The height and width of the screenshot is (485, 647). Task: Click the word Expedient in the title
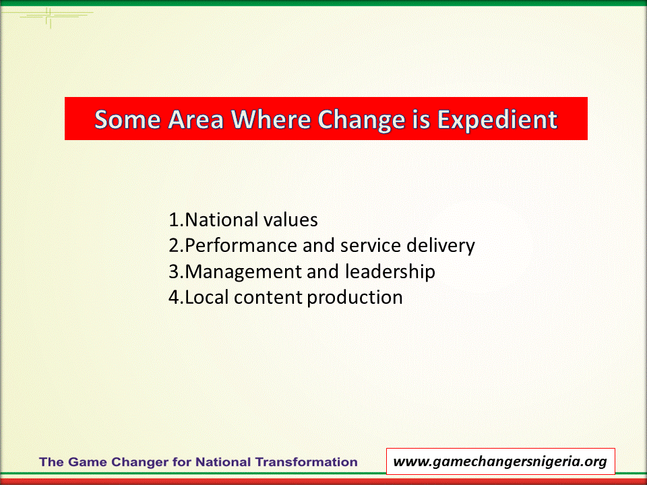point(497,121)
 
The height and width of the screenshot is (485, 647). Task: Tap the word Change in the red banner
point(361,121)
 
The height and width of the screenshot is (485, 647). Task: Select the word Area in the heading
point(195,120)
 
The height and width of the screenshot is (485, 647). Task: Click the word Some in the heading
point(127,120)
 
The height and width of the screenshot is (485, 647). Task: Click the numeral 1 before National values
point(174,220)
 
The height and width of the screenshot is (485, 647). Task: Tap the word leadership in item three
point(390,271)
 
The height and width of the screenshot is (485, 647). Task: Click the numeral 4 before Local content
point(174,297)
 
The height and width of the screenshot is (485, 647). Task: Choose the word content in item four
point(268,298)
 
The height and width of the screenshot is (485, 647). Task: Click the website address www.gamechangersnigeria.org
point(500,461)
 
